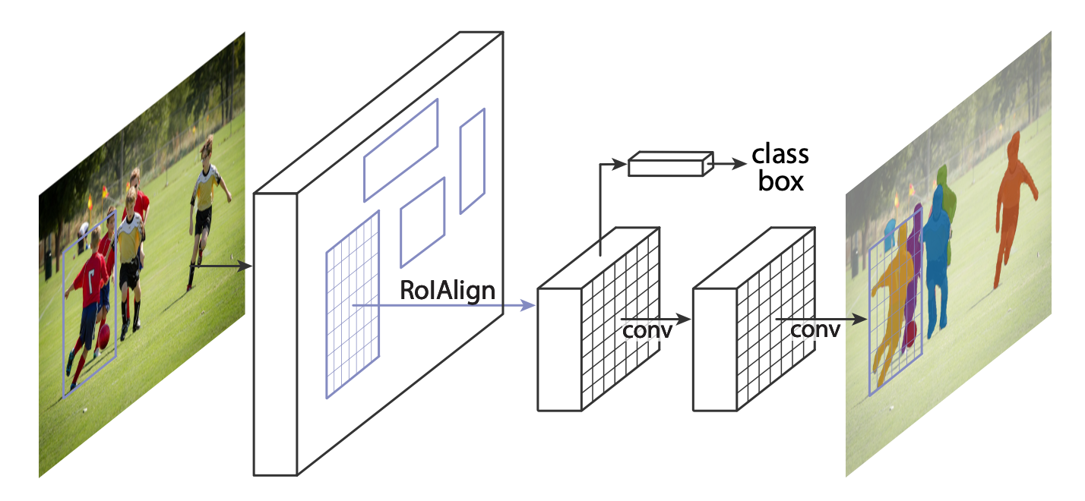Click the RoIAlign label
(447, 291)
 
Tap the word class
(780, 154)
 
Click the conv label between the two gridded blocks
(647, 331)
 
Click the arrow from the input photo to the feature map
(221, 266)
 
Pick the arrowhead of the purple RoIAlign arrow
(529, 305)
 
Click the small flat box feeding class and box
(671, 164)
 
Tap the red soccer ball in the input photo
(103, 336)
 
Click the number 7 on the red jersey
(91, 282)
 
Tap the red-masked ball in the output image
(911, 334)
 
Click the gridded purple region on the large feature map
(353, 305)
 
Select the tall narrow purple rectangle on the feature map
(473, 161)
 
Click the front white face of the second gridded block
(715, 349)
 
